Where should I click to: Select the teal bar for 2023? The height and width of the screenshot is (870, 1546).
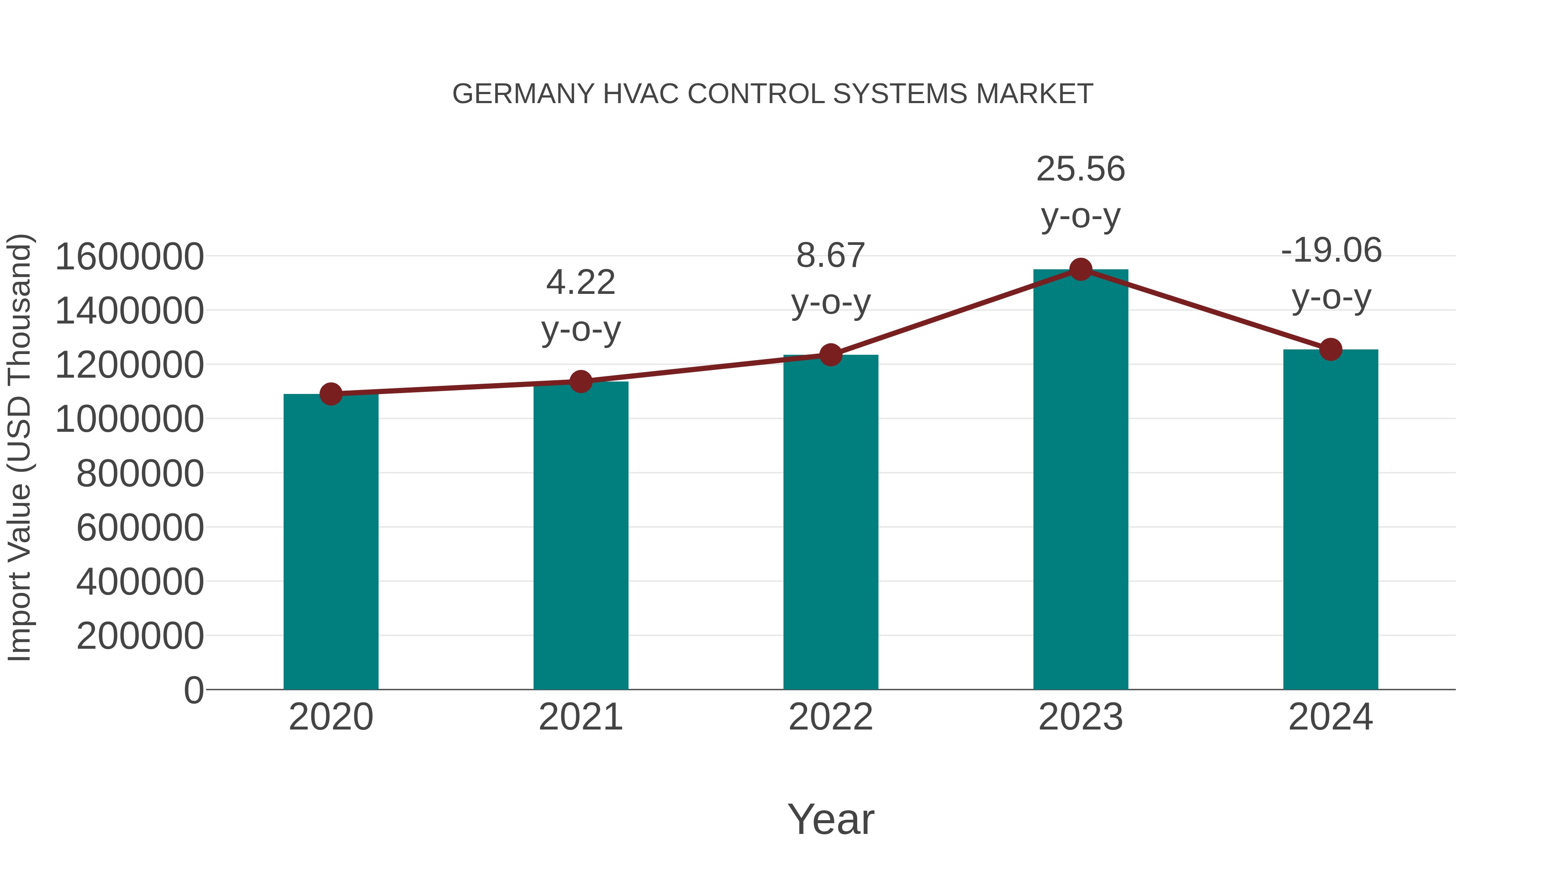point(1080,480)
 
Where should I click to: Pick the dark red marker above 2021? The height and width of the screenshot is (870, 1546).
point(580,381)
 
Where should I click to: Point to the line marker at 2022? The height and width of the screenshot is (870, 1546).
point(831,355)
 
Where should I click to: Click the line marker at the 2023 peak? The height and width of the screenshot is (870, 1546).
point(1080,269)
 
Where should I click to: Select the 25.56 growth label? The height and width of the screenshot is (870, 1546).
point(1080,169)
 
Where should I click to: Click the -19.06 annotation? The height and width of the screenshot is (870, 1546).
point(1330,250)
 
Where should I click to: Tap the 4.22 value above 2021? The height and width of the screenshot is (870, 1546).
point(580,282)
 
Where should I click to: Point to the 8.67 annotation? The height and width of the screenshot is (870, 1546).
point(831,256)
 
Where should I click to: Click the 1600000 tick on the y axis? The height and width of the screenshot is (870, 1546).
point(129,257)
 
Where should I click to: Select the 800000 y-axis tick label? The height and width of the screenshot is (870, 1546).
point(140,474)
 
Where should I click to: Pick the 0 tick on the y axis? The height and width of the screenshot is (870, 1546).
point(193,690)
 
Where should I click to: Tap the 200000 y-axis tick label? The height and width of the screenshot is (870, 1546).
point(140,636)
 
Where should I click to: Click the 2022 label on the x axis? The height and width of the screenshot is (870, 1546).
point(831,717)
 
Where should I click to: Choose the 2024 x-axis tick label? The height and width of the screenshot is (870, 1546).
point(1330,717)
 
